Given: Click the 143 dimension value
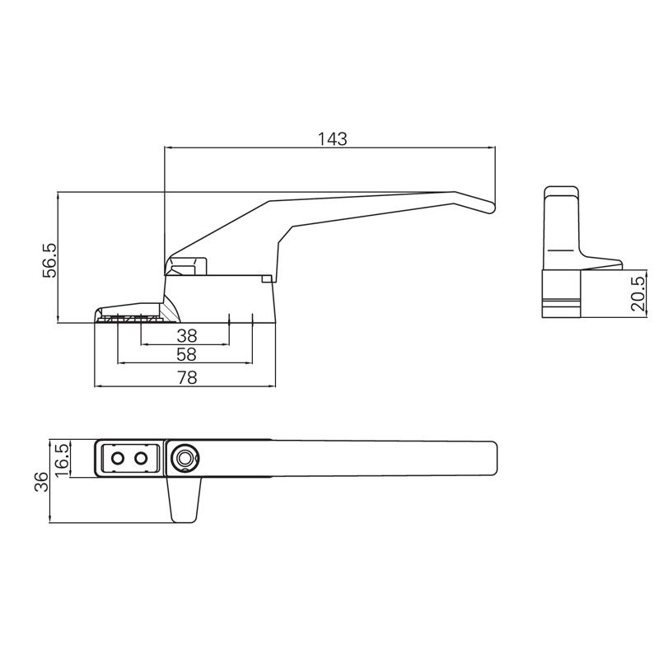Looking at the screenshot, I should [x=332, y=138].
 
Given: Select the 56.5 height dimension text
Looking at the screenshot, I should [x=49, y=259].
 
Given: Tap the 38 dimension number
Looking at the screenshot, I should [x=187, y=335].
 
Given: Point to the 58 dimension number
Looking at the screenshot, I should [x=187, y=354].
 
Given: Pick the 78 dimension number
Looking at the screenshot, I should [x=187, y=377].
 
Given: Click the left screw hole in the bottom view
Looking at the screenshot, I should [x=118, y=458].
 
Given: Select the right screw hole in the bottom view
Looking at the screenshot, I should [x=142, y=458].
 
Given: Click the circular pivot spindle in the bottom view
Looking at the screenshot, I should [x=185, y=458].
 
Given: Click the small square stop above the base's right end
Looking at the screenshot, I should [x=266, y=279].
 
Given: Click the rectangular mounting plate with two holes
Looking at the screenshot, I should [x=129, y=458].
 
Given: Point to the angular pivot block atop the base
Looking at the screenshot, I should [x=187, y=266].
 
